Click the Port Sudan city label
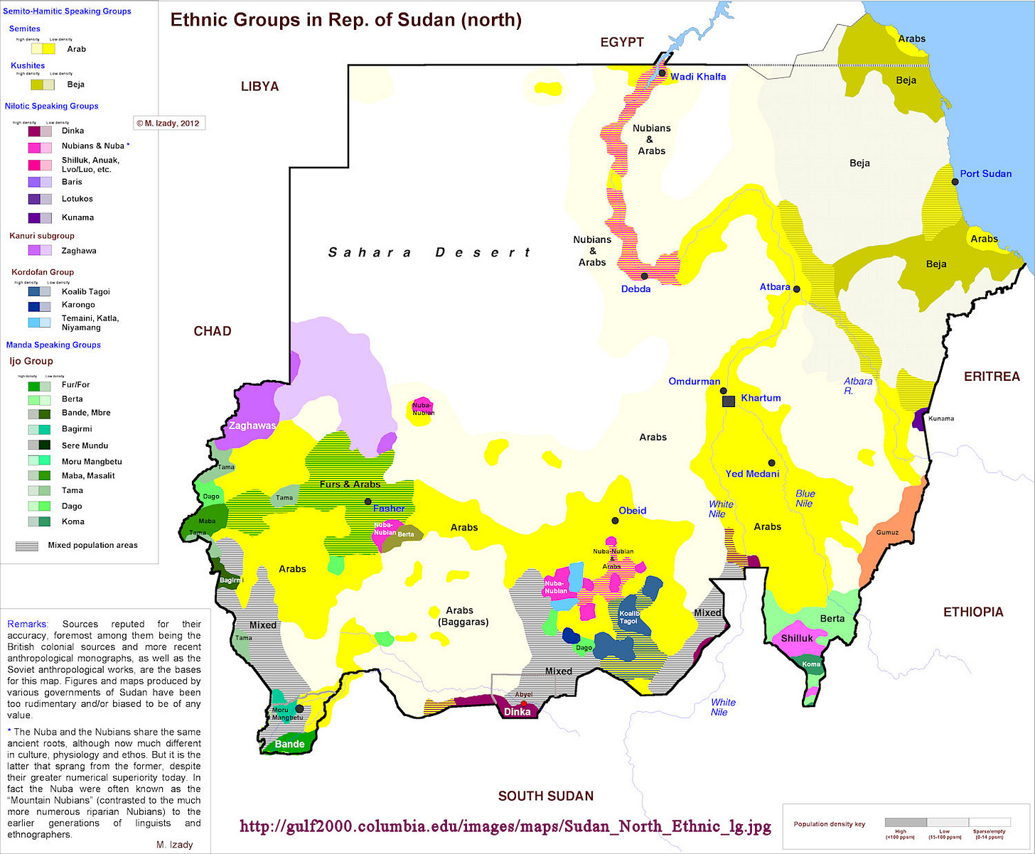[x=985, y=173]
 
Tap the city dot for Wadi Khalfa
[x=662, y=73]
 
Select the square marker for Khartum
[x=729, y=401]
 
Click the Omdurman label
[x=694, y=382]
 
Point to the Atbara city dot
[x=797, y=289]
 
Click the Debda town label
[x=636, y=289]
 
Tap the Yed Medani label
[x=752, y=474]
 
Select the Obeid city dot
[x=615, y=521]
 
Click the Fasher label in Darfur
[x=389, y=508]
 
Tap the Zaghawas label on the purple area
[x=252, y=426]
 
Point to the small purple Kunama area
[x=919, y=418]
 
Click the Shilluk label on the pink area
[x=797, y=638]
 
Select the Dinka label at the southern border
[x=517, y=711]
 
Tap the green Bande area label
[x=290, y=744]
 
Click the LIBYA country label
[x=259, y=87]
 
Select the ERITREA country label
[x=992, y=377]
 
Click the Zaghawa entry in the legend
[x=79, y=251]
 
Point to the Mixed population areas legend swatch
[x=27, y=546]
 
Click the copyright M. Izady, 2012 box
[x=168, y=123]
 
